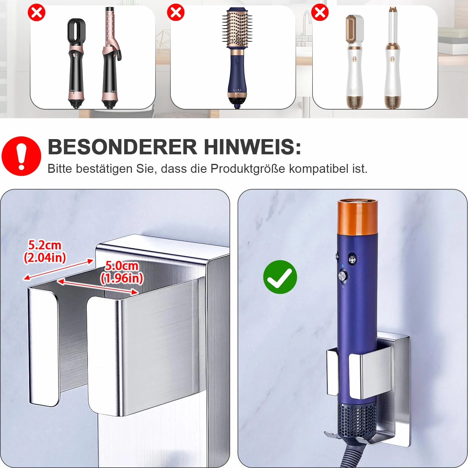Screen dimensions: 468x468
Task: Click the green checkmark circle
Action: (x=280, y=277)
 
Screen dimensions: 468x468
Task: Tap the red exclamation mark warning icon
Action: (x=21, y=156)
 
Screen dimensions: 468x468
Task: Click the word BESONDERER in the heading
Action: (x=122, y=147)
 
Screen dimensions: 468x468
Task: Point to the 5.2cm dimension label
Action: (x=45, y=245)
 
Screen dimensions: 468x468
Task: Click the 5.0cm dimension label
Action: (x=122, y=266)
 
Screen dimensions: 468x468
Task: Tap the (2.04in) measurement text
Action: (x=45, y=258)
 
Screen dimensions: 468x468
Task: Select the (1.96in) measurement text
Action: (x=122, y=278)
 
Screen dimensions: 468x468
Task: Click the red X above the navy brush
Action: (x=176, y=13)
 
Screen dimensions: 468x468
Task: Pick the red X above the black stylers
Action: (x=36, y=13)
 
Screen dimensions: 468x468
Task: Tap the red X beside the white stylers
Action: (x=320, y=13)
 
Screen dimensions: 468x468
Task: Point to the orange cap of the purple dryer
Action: (x=358, y=217)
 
